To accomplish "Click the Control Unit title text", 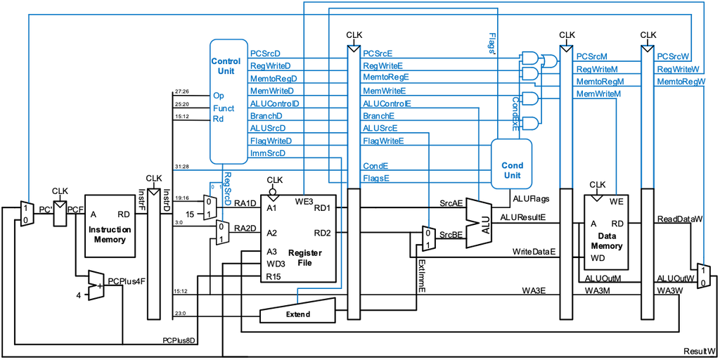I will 226,66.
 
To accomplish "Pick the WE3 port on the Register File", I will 304,202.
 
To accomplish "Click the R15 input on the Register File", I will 274,277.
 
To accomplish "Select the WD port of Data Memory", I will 598,258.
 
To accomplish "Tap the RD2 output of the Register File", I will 322,233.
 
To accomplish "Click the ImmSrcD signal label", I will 268,153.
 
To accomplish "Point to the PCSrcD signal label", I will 266,53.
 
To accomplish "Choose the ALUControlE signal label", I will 387,103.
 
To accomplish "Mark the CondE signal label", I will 375,166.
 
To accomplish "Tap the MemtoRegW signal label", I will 681,82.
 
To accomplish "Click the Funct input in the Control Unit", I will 224,108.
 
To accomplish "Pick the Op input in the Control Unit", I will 218,95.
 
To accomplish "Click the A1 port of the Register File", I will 271,208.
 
